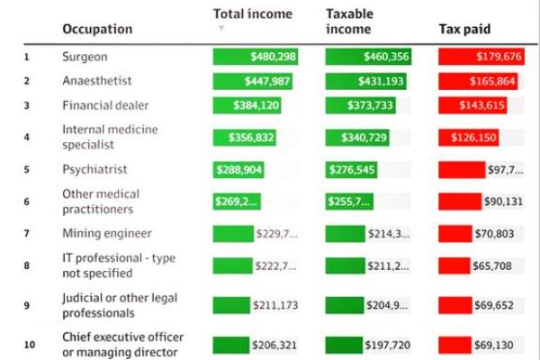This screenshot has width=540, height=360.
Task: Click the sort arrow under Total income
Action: (221, 29)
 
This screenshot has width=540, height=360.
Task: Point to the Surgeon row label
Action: (85, 57)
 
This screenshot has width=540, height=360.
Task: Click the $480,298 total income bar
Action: (256, 57)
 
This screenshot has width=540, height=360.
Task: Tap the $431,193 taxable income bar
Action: (366, 81)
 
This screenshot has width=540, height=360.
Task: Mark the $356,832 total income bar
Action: (244, 139)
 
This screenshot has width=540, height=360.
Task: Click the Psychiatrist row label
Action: (94, 169)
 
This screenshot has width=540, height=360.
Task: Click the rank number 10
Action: (28, 345)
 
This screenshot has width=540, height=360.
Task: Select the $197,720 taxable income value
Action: (387, 345)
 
